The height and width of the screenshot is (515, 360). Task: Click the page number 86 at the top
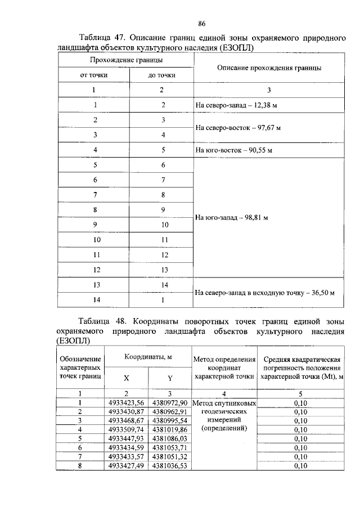point(202,23)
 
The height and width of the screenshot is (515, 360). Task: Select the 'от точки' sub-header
point(94,75)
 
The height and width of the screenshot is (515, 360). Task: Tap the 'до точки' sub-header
point(161,75)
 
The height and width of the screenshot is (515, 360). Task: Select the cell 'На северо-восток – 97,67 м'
point(238,128)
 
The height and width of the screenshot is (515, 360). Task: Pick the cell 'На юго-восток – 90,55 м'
point(232,150)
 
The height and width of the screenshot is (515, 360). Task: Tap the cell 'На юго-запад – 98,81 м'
point(231,217)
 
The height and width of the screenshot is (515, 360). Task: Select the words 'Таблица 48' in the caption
point(101,321)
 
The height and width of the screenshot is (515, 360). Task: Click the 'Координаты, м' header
point(148,357)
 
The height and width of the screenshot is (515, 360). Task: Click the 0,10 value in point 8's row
point(300,465)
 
